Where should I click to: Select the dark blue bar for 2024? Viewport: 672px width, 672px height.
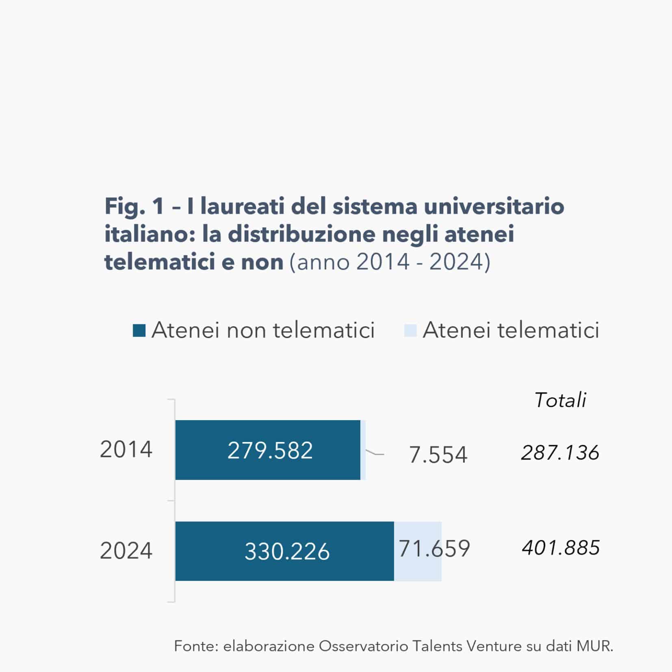211,551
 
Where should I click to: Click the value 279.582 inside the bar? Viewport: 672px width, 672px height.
270,451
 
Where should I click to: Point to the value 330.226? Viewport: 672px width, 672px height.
287,552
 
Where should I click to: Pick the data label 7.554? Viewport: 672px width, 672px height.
438,455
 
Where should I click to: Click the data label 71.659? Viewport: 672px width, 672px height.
434,548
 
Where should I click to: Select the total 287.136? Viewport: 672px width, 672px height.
560,453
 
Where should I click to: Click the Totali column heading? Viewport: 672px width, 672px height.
560,400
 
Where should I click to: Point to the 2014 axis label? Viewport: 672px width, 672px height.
126,450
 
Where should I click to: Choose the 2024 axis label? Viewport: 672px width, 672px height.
126,551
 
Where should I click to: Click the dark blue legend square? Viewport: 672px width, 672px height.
139,330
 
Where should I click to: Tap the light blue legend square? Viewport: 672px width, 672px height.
410,330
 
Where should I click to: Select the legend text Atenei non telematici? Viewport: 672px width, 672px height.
263,330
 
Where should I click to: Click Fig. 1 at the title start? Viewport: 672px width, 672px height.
134,206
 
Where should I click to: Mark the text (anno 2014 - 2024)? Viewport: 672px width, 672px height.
390,262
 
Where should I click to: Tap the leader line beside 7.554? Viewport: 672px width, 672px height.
375,453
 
